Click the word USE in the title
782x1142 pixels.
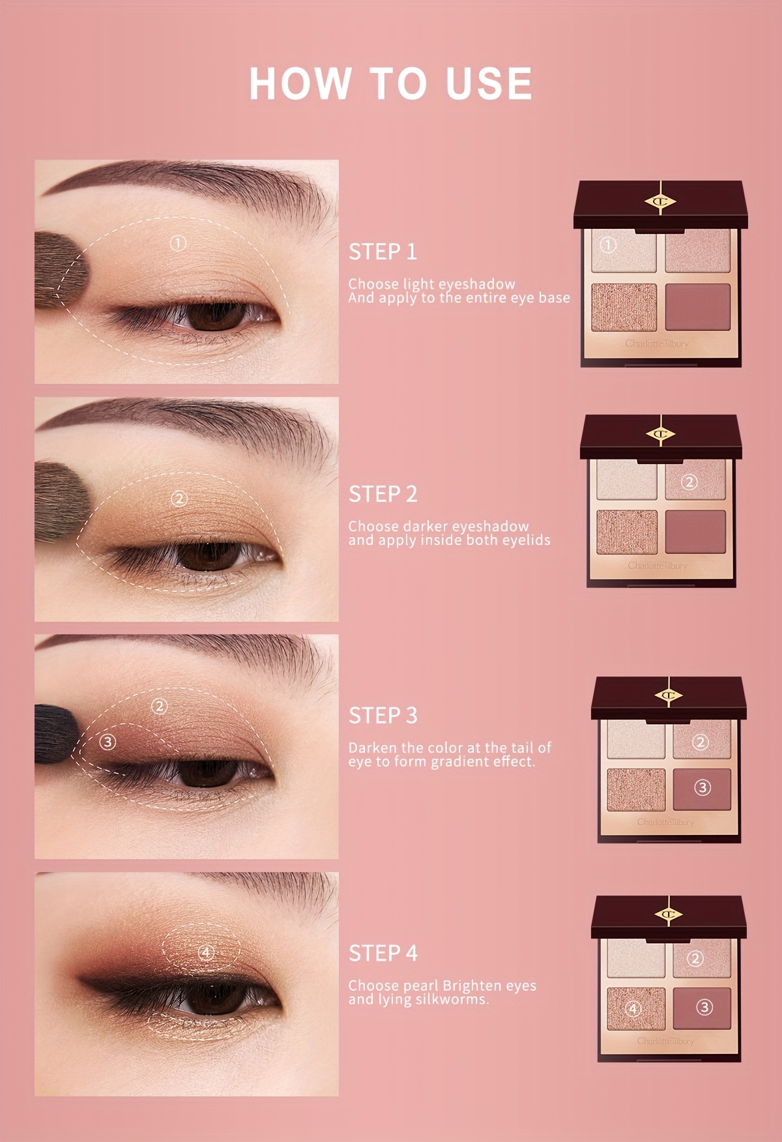point(489,83)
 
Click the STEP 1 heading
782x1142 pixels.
point(383,252)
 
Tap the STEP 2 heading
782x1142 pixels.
point(383,494)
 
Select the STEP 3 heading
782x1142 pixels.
point(383,715)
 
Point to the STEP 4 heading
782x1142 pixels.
point(383,953)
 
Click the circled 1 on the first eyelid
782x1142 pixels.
point(178,243)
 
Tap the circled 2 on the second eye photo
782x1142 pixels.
point(179,499)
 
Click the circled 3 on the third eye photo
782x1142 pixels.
point(108,742)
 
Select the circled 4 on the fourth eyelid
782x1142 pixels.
point(207,953)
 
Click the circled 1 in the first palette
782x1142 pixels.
point(607,245)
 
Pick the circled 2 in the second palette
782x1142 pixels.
point(689,482)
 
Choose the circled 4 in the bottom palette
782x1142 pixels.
point(633,1010)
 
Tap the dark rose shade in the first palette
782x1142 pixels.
point(698,307)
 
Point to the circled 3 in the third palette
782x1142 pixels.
point(702,788)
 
